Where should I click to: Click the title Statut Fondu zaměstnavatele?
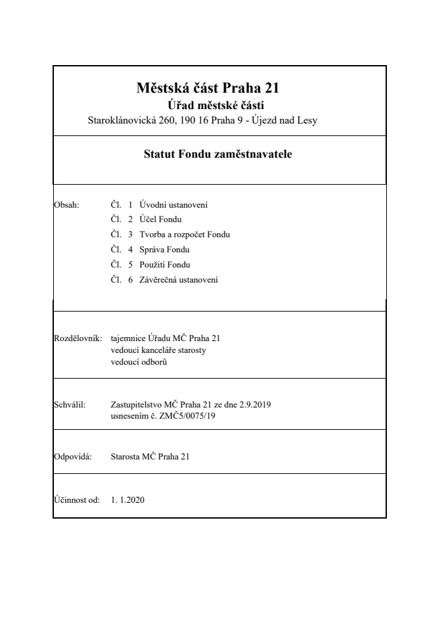click(217, 155)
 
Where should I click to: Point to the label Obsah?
click(66, 204)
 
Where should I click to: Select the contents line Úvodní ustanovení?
click(174, 204)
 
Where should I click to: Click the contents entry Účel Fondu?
click(161, 220)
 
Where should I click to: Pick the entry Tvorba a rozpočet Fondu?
click(185, 235)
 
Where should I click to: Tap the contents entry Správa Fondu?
click(165, 250)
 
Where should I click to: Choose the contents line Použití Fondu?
click(165, 265)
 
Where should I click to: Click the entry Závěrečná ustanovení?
click(179, 280)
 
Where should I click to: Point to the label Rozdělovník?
click(77, 339)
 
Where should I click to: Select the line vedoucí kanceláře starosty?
click(158, 350)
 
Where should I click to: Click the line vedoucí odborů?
click(139, 362)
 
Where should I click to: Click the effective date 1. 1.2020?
click(128, 500)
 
